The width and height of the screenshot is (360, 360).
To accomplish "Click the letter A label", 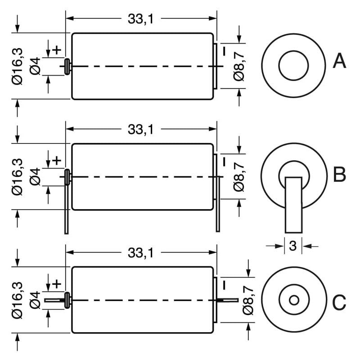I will click(339, 61).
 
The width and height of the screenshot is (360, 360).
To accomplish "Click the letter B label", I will click(339, 175).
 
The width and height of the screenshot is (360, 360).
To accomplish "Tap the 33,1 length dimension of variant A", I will click(141, 19).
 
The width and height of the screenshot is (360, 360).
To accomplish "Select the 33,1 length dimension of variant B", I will click(141, 130).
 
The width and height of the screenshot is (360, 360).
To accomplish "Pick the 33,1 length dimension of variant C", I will click(141, 253).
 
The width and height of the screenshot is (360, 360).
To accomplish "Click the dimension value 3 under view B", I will click(292, 246).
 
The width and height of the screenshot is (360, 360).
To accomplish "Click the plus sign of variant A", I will click(57, 49).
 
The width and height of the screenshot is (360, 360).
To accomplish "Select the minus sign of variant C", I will click(223, 284).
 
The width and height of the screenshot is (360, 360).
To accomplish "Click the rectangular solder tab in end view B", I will click(294, 205).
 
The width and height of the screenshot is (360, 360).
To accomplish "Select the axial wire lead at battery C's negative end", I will click(229, 300).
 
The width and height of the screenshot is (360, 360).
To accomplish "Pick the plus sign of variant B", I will click(57, 160).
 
